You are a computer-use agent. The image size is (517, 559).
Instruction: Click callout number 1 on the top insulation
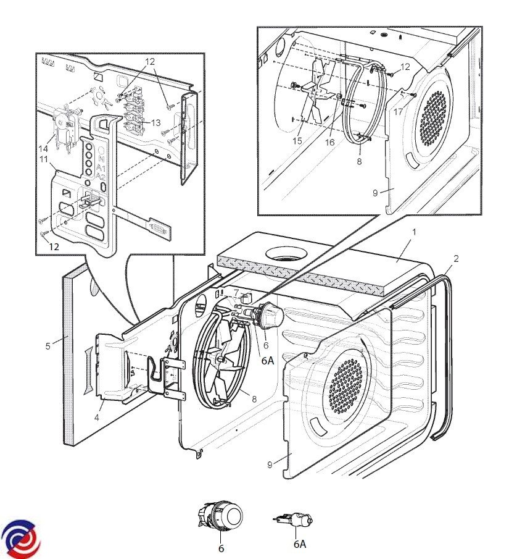click(x=415, y=232)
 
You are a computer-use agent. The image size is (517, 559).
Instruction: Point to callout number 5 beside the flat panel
click(x=48, y=346)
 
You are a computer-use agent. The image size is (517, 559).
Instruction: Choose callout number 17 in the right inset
click(x=399, y=112)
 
